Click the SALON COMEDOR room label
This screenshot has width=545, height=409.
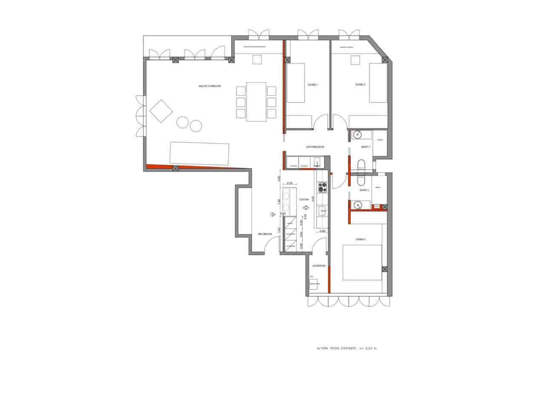(209, 86)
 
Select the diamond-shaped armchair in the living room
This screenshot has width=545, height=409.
(161, 111)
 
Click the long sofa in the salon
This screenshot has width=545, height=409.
(199, 153)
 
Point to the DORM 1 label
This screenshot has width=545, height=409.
(313, 85)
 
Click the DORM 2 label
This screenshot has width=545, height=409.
(360, 85)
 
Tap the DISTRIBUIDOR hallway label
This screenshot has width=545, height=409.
(315, 147)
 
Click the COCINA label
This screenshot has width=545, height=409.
(304, 199)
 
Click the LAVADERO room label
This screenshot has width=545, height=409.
(318, 266)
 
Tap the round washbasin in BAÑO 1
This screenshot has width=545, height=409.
(356, 135)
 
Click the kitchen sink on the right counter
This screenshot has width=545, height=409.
(322, 210)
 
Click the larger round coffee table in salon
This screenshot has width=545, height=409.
(182, 122)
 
